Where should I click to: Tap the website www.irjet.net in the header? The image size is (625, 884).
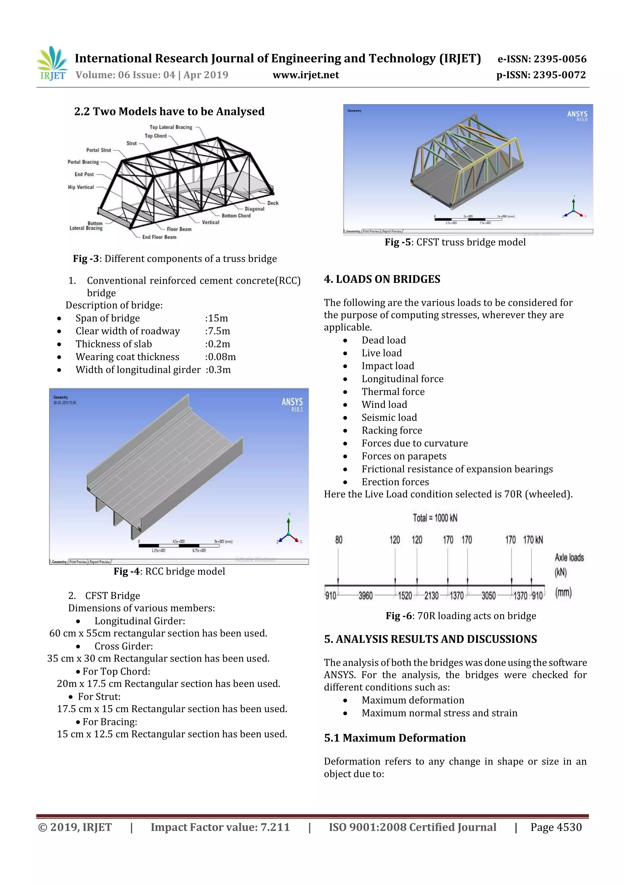click(x=306, y=75)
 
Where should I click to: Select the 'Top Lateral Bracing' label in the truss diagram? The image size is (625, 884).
click(x=171, y=127)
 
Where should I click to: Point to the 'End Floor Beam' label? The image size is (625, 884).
click(x=159, y=237)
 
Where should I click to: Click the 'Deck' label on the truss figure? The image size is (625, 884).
click(x=273, y=203)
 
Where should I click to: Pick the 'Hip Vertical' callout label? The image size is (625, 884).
click(x=81, y=187)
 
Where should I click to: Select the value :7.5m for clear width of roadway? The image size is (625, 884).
click(x=218, y=331)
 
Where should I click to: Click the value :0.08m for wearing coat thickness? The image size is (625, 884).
click(x=220, y=357)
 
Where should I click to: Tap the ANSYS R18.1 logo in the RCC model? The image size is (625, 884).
click(x=292, y=404)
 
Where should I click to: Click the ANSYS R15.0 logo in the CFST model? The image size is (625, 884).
click(x=577, y=116)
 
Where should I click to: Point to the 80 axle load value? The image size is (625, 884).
click(x=338, y=540)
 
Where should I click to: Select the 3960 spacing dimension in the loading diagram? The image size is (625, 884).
click(x=366, y=596)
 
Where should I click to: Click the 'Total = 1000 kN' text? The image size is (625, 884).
click(x=435, y=518)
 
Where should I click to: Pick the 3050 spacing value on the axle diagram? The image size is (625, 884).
click(x=488, y=596)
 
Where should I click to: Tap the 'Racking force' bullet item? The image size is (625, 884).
click(x=392, y=431)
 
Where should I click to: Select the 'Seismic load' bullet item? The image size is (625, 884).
click(x=389, y=417)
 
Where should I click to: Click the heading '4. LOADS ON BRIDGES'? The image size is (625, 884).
click(x=382, y=279)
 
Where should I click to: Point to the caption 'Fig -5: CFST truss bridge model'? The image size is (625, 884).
click(x=455, y=242)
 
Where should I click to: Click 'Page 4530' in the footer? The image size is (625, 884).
click(x=556, y=827)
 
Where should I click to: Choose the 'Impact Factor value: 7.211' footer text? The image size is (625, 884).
click(x=220, y=827)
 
